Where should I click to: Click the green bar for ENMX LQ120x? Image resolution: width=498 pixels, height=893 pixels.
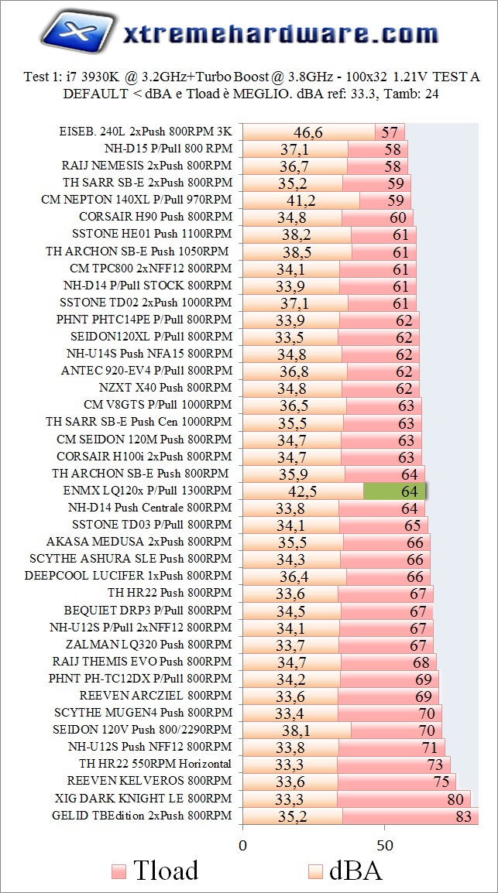tap(394, 491)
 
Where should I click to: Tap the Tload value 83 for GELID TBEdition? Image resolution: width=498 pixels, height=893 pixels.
tap(463, 815)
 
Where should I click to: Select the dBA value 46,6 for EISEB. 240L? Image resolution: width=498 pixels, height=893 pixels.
tap(307, 132)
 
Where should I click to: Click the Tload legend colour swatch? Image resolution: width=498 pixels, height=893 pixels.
tap(118, 871)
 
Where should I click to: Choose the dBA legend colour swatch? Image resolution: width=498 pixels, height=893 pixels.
tap(314, 871)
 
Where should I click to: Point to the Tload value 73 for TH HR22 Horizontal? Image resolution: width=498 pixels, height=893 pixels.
tap(435, 764)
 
